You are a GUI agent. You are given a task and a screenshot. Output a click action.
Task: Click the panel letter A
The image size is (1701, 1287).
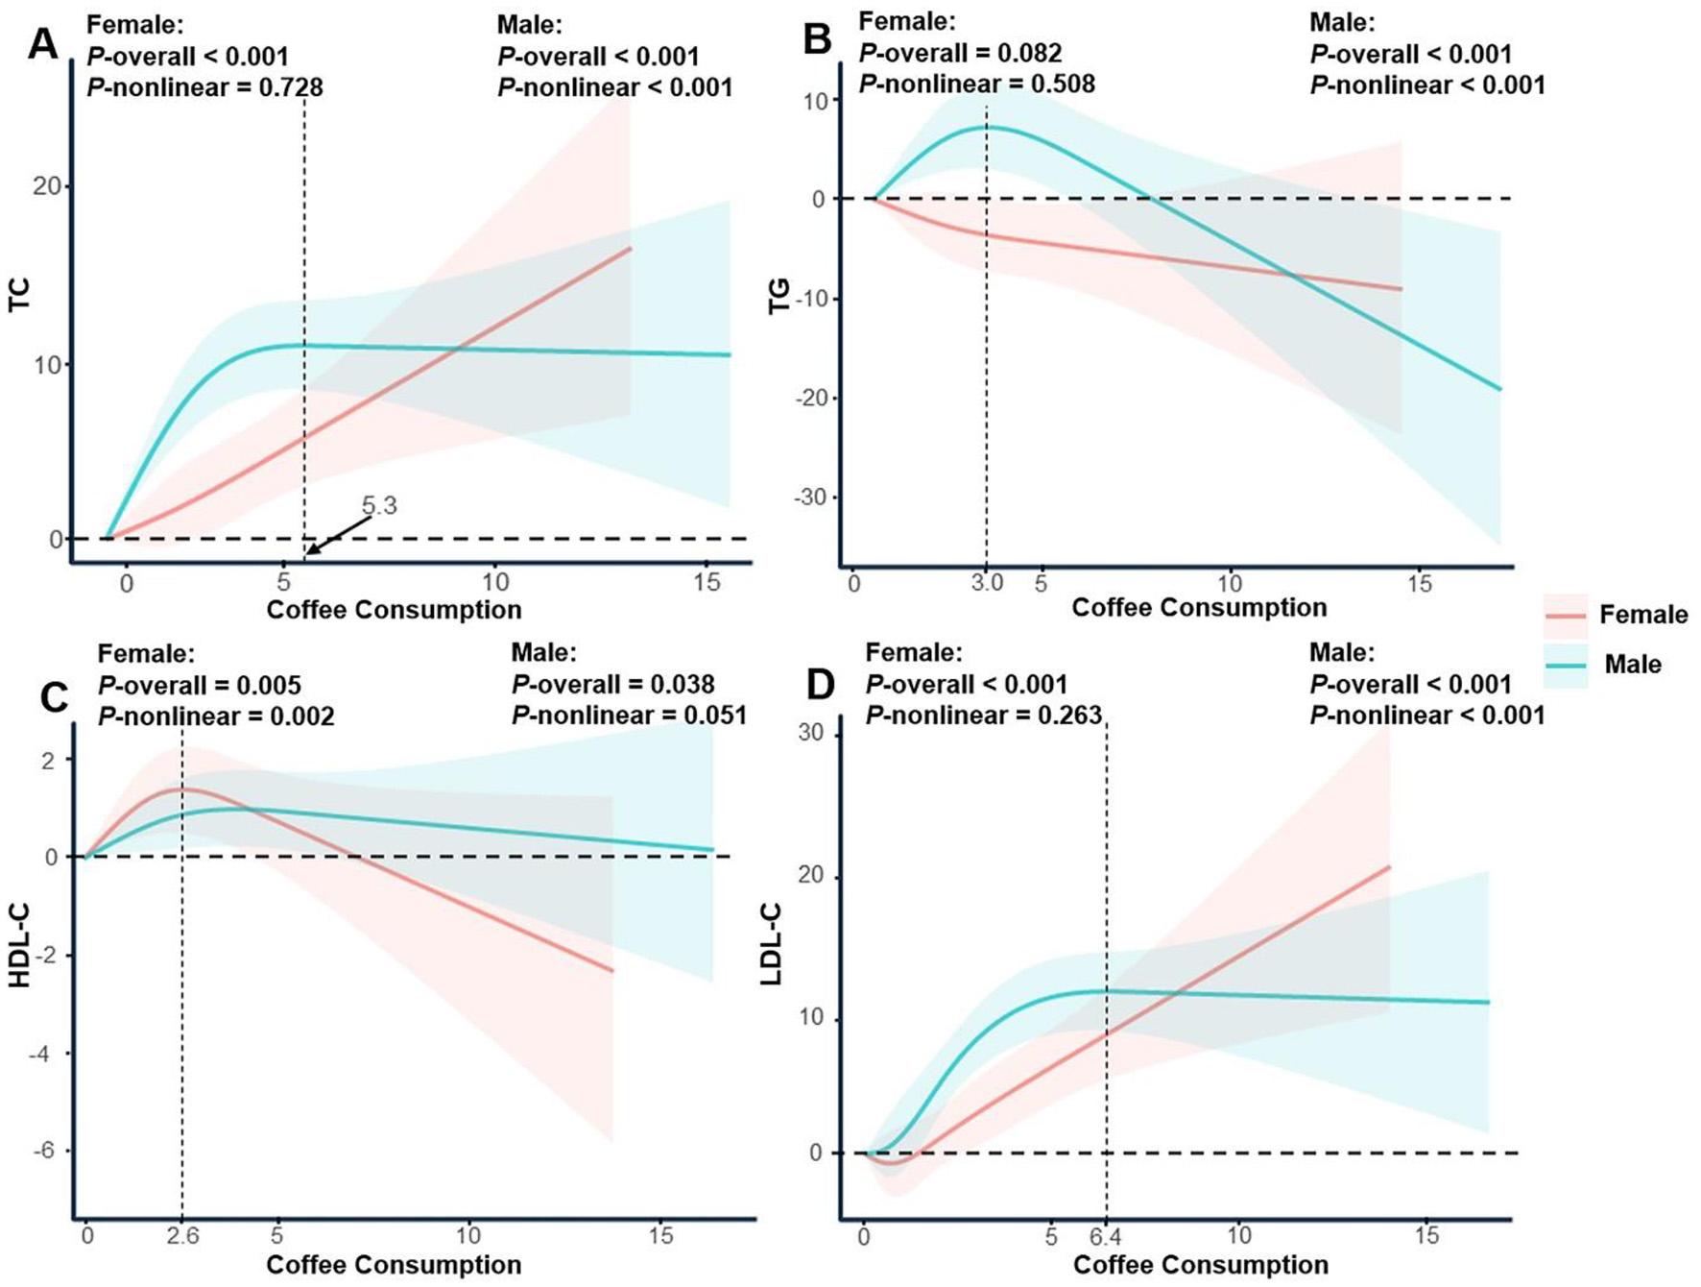click(x=43, y=44)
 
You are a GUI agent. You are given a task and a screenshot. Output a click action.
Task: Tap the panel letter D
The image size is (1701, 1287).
click(x=822, y=686)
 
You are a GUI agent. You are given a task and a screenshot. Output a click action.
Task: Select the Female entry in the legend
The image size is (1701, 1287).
click(x=1642, y=615)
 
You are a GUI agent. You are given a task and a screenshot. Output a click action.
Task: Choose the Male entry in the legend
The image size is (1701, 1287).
click(x=1632, y=665)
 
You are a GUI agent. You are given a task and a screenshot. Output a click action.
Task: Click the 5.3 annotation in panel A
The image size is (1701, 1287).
click(x=379, y=506)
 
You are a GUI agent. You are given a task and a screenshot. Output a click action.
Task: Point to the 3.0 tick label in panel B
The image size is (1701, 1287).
click(x=986, y=583)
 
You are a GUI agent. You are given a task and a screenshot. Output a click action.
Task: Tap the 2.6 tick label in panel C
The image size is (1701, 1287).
click(x=182, y=1235)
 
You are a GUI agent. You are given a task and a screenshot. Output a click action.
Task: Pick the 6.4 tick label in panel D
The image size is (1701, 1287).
click(x=1107, y=1235)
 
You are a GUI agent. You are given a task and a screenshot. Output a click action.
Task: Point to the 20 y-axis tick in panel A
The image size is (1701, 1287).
click(x=47, y=186)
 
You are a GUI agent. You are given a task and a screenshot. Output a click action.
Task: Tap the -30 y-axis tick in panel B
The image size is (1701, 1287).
click(x=811, y=498)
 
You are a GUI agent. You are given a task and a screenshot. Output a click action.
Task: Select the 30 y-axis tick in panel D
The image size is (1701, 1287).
click(x=811, y=733)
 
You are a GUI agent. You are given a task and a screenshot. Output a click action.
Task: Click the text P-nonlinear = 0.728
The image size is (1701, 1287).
click(x=205, y=87)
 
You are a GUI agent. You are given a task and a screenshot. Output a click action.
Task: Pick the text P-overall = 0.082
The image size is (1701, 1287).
click(x=960, y=53)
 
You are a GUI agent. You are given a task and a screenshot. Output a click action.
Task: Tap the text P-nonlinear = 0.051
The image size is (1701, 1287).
click(x=629, y=716)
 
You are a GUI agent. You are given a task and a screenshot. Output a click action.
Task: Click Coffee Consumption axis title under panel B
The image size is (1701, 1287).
click(x=1199, y=608)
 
